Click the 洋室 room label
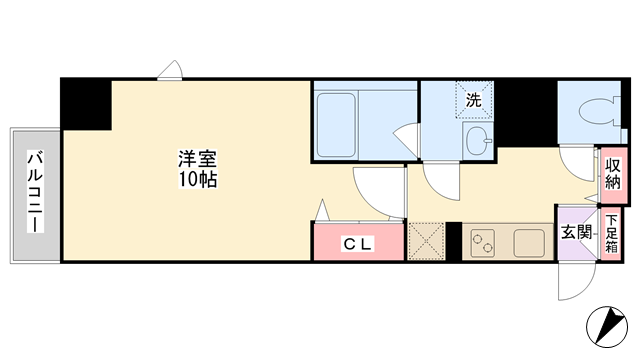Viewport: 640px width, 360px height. [x=197, y=159]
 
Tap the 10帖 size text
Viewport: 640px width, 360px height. [x=198, y=179]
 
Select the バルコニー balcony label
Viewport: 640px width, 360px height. [x=35, y=191]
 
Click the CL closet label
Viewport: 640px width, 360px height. [x=358, y=244]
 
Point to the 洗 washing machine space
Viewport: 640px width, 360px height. [x=474, y=100]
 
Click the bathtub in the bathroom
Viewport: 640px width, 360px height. [x=336, y=125]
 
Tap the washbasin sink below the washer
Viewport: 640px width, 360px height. [x=478, y=140]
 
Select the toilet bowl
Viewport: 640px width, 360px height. [x=598, y=112]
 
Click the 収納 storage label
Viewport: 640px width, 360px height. [x=613, y=174]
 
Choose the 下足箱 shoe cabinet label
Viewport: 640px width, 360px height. [x=611, y=234]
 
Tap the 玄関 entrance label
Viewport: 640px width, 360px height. [x=576, y=233]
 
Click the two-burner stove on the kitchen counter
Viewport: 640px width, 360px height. [x=482, y=242]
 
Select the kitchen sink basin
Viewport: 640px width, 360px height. [x=529, y=243]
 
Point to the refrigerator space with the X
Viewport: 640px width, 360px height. [x=426, y=241]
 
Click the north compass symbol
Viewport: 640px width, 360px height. [x=607, y=327]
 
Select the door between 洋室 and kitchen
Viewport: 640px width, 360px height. [x=379, y=192]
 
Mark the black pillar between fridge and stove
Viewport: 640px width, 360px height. [x=453, y=241]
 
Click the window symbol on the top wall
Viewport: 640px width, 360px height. [x=170, y=70]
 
